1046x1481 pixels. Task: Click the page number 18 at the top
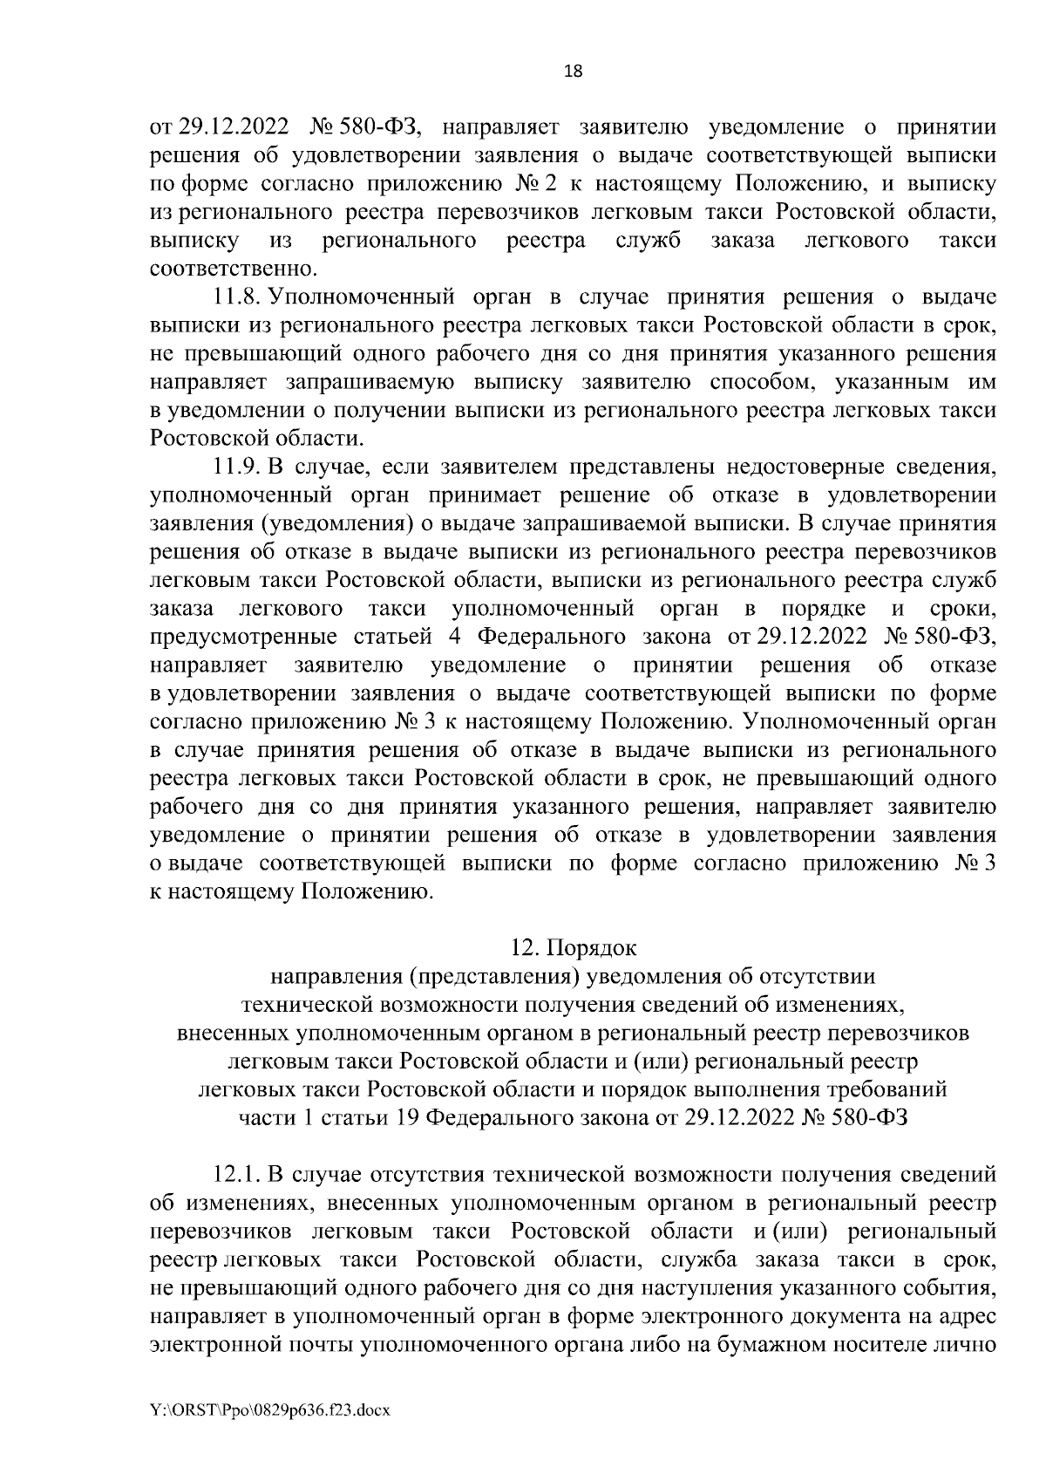pos(574,72)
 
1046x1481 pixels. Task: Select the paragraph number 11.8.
pos(238,297)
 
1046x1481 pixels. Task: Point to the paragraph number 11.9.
pos(238,468)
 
